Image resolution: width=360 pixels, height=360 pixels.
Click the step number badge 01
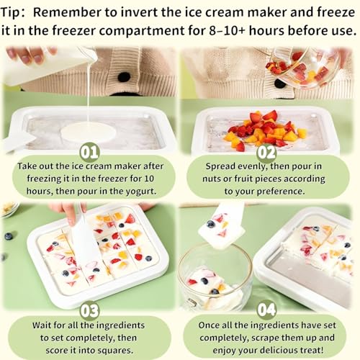[x=90, y=151]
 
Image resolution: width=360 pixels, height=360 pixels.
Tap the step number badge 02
[x=266, y=151]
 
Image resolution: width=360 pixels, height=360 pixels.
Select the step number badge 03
[x=90, y=310]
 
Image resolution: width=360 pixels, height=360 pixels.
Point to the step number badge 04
[x=266, y=310]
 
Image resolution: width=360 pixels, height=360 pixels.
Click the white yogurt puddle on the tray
[x=88, y=132]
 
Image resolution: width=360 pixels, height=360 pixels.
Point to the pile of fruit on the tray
[x=264, y=130]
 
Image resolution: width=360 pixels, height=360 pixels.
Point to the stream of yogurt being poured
[x=88, y=94]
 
